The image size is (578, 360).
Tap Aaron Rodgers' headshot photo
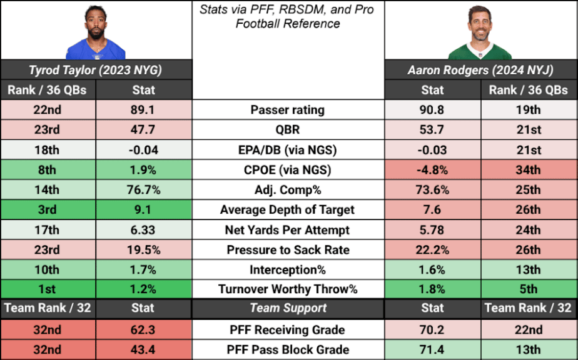[x=480, y=31]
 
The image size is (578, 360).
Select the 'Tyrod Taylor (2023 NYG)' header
[x=96, y=69]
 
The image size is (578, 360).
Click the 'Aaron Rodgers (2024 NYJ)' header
[x=480, y=69]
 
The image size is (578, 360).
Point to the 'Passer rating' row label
[x=288, y=110]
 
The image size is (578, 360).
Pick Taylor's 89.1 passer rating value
[x=144, y=110]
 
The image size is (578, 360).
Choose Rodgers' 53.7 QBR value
[x=433, y=130]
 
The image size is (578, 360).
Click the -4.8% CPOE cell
[x=433, y=170]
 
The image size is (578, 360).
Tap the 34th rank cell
[x=529, y=170]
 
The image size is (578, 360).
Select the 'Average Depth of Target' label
[x=288, y=210]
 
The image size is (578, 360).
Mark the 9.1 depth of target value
[x=144, y=210]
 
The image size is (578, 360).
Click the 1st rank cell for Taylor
[x=48, y=289]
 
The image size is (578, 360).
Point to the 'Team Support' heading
[x=288, y=308]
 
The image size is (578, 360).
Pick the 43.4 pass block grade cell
[x=144, y=350]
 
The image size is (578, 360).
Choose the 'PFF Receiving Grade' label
[x=288, y=330]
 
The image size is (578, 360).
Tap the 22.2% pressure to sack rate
[x=433, y=250]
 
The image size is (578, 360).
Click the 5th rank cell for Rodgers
[x=529, y=289]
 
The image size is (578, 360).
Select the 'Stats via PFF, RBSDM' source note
[x=288, y=17]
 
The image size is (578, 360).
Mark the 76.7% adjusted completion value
[x=144, y=190]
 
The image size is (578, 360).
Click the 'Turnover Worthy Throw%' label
[x=288, y=289]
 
